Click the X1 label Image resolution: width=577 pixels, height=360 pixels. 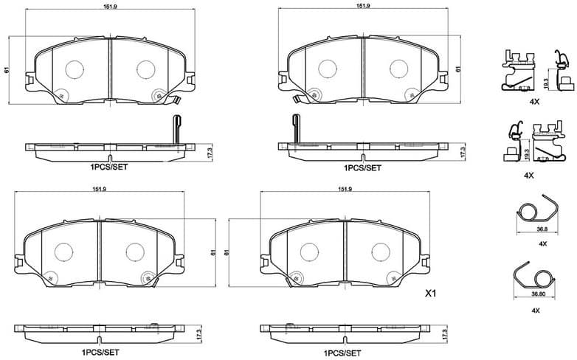(432, 294)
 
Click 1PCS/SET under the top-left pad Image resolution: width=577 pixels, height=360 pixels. (109, 168)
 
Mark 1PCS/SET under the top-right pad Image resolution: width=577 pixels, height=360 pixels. (362, 168)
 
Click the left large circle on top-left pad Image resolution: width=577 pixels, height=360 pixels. (75, 69)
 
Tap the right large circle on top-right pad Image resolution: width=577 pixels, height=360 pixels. (398, 69)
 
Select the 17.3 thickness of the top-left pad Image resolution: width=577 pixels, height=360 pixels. (210, 152)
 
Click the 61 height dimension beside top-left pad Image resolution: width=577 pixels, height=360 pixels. (7, 69)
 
